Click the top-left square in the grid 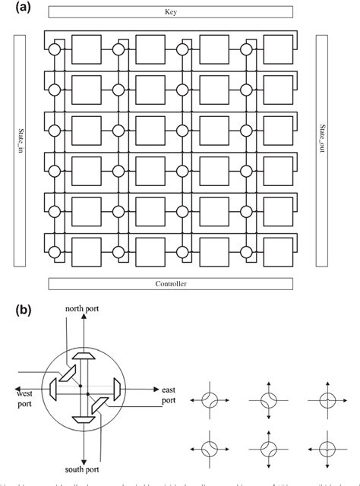point(85,49)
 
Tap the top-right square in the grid point(277,49)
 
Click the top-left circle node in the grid point(54,49)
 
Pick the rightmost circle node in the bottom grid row point(247,247)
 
